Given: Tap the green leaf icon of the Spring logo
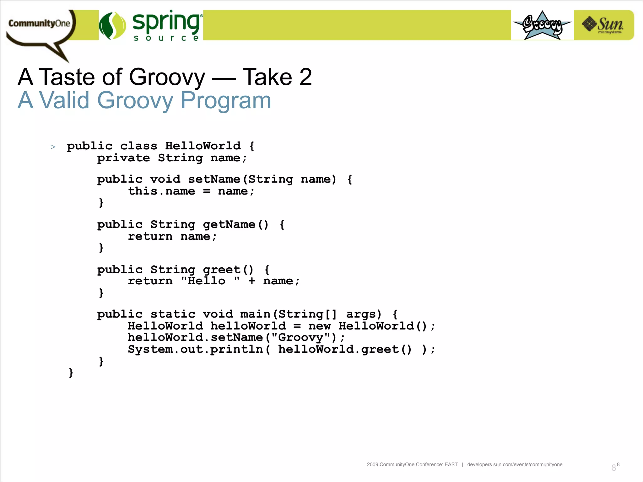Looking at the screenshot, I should coord(112,26).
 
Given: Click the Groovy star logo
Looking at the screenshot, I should coord(542,25).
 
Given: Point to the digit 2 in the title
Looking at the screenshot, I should coord(305,77).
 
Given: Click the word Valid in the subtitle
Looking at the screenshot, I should coord(64,100).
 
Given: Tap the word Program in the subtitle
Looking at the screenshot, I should coord(226,100).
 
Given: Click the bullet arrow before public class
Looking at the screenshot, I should coord(53,147).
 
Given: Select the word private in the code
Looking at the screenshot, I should coord(123,158).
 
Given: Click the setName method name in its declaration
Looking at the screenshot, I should coord(214,179).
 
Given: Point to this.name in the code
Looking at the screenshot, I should coord(161,191).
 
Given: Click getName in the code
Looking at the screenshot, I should coord(229,224).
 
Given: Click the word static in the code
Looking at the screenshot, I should coord(173,314).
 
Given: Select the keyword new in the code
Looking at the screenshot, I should coord(319,326).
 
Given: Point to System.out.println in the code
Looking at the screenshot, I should coord(195,349).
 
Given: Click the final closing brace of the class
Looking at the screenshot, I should coord(71,373).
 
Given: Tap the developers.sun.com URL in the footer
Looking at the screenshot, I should coord(515,464).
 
